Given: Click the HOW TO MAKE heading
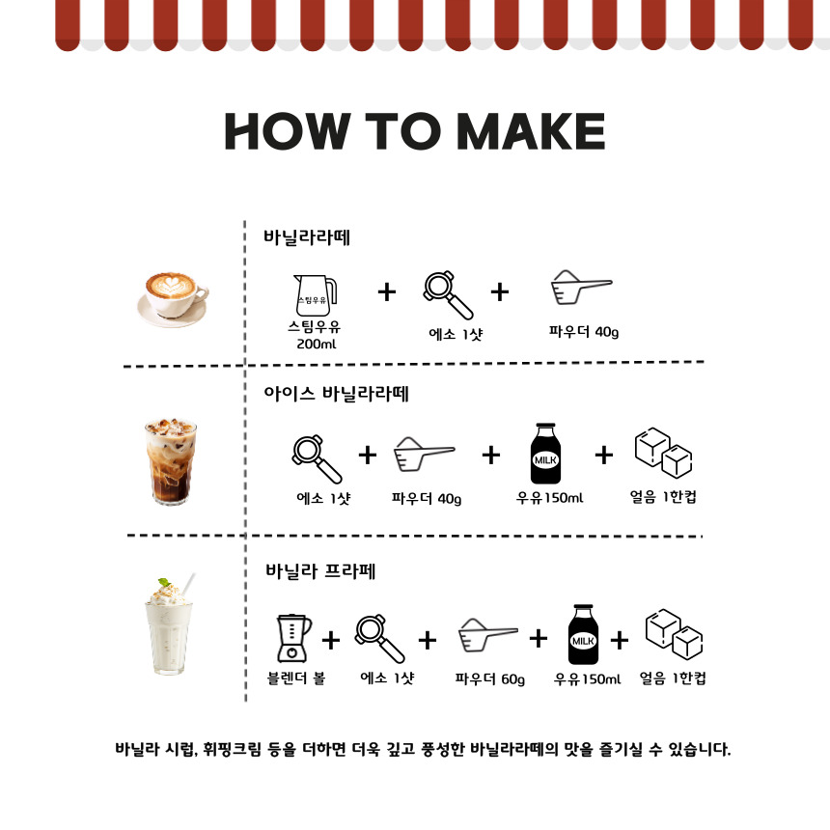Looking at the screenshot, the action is (414, 131).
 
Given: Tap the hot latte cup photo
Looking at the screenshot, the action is (173, 299).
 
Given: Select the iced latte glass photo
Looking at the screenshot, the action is (171, 461).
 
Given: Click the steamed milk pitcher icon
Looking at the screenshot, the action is (316, 294).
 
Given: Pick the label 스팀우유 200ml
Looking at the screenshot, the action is (315, 335).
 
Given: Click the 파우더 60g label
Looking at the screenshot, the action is (490, 679).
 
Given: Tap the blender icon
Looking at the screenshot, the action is (293, 638).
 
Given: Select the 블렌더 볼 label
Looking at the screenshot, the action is (296, 678).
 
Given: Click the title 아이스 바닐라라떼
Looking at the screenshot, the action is (336, 394).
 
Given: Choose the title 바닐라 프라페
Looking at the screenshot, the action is (320, 571).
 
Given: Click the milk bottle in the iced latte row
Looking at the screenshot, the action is (545, 453).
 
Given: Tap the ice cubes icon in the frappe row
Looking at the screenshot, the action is (674, 634).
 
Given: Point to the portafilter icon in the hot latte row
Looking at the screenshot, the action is (448, 295).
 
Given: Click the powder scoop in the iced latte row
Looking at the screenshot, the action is (424, 455).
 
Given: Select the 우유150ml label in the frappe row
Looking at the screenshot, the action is (587, 679).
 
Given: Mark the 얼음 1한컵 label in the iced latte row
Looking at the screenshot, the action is (663, 497).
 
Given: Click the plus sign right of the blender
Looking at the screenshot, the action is (331, 641).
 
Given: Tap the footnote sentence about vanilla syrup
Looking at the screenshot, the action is (423, 749).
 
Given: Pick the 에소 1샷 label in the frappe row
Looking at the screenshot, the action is (387, 678).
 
